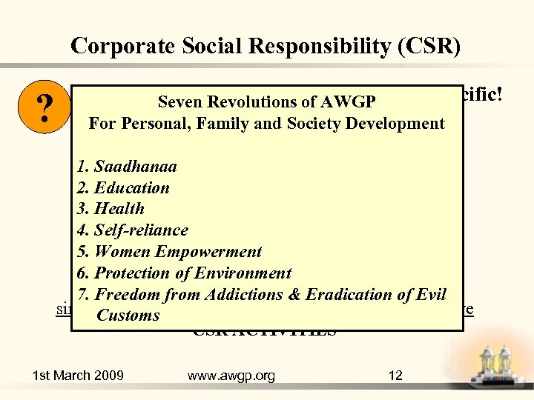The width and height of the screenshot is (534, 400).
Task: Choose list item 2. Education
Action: click(122, 188)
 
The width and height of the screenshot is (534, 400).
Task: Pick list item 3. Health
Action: click(110, 209)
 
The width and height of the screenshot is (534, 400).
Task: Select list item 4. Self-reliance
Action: click(132, 230)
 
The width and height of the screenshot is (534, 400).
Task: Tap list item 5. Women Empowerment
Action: click(169, 252)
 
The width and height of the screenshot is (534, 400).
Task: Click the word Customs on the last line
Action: click(128, 316)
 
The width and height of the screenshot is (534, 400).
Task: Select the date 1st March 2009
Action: click(78, 376)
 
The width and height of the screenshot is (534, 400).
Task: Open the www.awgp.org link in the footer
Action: click(231, 376)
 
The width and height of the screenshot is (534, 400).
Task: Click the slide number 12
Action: click(395, 376)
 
